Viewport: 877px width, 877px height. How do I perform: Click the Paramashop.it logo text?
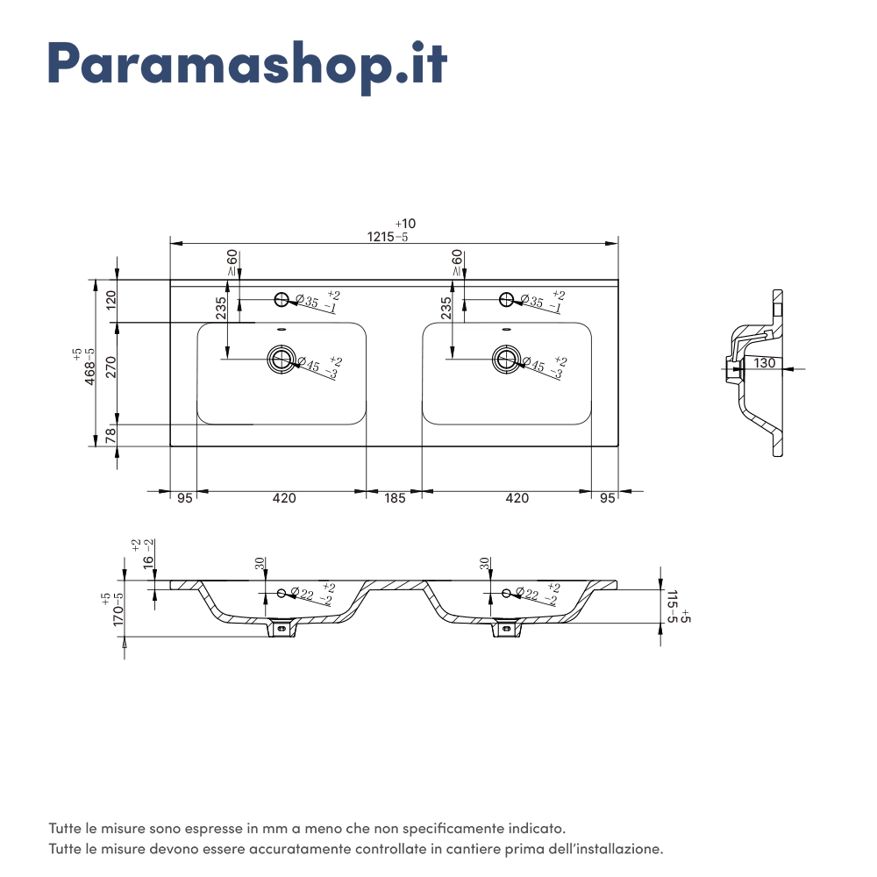pos(247,62)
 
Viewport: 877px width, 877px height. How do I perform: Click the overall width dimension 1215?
pos(381,237)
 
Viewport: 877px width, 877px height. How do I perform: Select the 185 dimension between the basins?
pos(395,498)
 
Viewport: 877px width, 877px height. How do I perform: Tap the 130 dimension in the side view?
pos(764,362)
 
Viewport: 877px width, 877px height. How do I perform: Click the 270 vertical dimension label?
pos(111,367)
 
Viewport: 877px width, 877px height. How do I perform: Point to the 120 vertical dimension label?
pos(111,301)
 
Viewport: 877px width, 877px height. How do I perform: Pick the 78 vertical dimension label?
pos(111,435)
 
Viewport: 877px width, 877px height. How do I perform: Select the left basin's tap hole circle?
pos(282,300)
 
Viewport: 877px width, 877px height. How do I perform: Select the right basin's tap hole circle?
pos(506,300)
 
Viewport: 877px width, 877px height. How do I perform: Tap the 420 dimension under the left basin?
pos(283,498)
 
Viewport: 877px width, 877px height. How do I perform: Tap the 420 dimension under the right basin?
pos(517,498)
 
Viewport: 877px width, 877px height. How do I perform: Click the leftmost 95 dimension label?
pos(184,498)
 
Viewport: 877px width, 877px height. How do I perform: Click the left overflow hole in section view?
pos(282,594)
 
